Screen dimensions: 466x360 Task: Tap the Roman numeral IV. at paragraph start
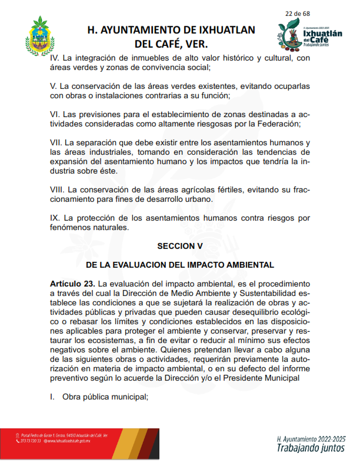[x=55, y=58]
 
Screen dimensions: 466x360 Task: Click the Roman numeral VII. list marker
[x=56, y=143]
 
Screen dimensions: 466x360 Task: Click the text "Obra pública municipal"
[x=104, y=397]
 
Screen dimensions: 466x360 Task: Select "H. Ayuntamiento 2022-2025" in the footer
[x=310, y=439]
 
